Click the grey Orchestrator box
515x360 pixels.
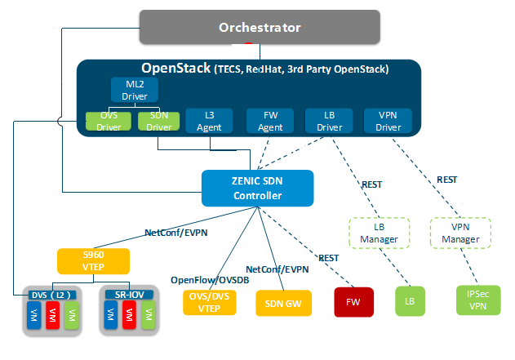coord(260,28)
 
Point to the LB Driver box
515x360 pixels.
coord(329,122)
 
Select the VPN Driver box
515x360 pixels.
coord(388,122)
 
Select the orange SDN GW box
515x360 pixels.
coord(281,302)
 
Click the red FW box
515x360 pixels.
coord(353,301)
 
